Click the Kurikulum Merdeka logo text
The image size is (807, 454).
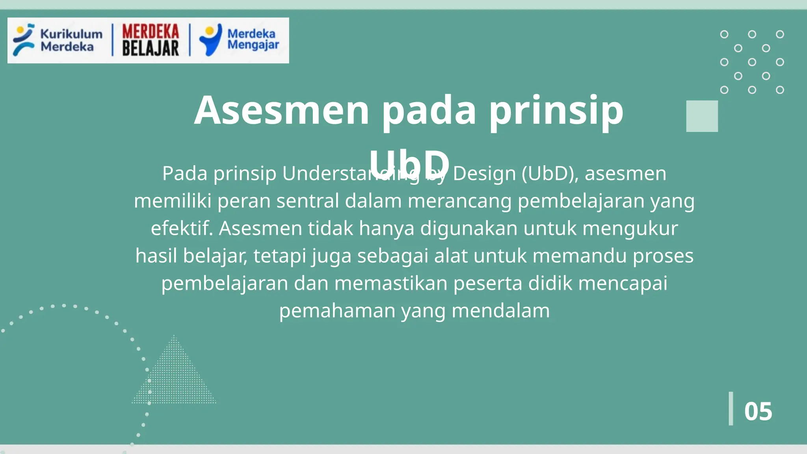(x=71, y=40)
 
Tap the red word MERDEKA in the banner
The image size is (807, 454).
(x=151, y=32)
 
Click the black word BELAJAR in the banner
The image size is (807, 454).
(x=151, y=49)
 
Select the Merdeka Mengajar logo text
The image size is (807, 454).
(x=253, y=39)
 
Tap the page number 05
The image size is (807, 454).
(x=758, y=411)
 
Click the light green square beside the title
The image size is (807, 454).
(x=702, y=116)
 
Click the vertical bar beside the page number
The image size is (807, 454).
(x=731, y=408)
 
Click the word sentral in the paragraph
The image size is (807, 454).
(x=307, y=201)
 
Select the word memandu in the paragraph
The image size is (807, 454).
(x=580, y=256)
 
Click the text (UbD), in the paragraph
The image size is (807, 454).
(x=550, y=174)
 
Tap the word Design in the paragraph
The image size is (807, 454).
(x=484, y=174)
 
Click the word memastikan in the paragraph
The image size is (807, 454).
(x=390, y=284)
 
